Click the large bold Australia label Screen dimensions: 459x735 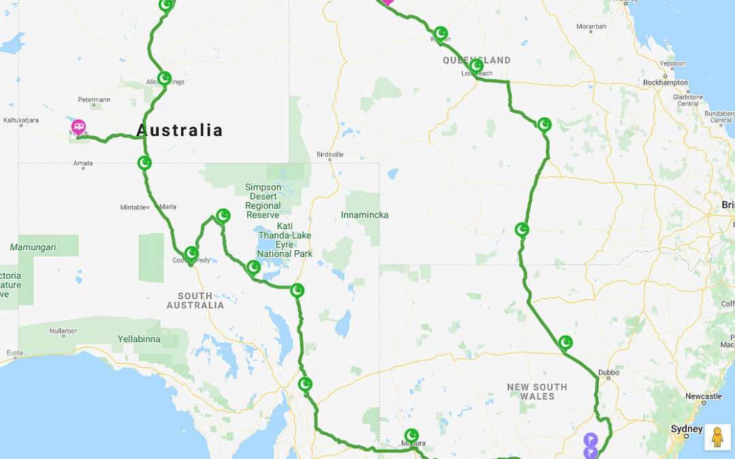click(180, 130)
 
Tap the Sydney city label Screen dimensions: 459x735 click(686, 429)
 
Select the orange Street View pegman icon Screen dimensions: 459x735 click(717, 437)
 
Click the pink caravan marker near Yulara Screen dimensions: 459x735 click(79, 126)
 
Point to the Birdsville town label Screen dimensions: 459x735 click(330, 154)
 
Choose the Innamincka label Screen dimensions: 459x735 click(365, 215)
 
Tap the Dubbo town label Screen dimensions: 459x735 click(608, 372)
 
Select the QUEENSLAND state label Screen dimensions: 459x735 click(476, 60)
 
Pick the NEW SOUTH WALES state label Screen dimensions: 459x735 click(537, 391)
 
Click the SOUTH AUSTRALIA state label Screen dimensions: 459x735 click(195, 301)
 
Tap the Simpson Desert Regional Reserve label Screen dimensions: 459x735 click(263, 201)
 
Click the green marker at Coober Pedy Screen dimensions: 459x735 click(192, 254)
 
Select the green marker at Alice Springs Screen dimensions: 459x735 click(164, 78)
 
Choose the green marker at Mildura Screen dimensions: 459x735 click(412, 435)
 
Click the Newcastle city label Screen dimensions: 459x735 click(703, 396)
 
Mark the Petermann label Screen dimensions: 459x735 click(94, 99)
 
